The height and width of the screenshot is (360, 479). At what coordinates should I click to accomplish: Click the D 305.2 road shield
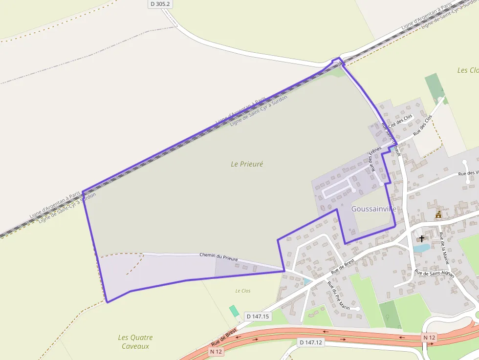(x=160, y=3)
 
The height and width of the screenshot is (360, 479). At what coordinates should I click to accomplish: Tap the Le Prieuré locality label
(x=247, y=164)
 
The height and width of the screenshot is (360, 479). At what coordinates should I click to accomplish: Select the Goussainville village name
(x=373, y=209)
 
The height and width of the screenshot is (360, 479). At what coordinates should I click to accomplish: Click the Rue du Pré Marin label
(x=338, y=296)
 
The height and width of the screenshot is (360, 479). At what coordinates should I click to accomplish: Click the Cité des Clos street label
(x=400, y=121)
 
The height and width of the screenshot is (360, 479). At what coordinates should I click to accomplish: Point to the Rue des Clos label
(x=423, y=125)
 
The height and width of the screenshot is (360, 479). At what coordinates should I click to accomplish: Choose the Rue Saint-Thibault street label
(x=391, y=140)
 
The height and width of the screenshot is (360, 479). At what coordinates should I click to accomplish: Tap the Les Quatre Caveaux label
(x=135, y=341)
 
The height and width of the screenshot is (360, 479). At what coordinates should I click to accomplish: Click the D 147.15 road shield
(x=258, y=316)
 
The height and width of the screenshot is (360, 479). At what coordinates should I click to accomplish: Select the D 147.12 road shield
(x=310, y=342)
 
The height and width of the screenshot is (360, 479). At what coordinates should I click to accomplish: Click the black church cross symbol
(x=422, y=239)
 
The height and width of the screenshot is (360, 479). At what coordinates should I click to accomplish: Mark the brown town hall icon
(x=438, y=214)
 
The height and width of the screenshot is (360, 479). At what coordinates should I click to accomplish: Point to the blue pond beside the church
(x=420, y=248)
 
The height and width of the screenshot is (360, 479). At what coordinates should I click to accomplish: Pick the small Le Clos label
(x=242, y=291)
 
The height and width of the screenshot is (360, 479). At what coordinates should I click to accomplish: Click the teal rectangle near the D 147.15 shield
(x=235, y=311)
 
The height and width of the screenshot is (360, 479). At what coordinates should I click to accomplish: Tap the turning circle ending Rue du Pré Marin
(x=358, y=309)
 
